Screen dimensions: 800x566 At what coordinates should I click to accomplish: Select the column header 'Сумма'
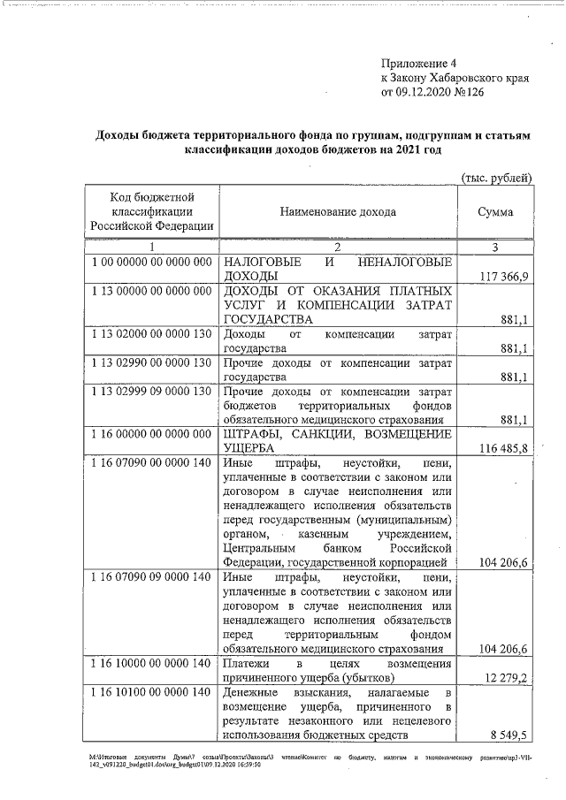495,212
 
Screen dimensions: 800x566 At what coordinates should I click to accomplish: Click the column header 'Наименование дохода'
338,212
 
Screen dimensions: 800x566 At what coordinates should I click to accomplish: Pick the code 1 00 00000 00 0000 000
151,263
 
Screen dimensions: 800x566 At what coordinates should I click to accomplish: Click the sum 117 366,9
504,278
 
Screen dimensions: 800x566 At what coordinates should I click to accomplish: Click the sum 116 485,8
504,449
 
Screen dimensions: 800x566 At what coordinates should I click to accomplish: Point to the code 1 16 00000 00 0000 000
151,435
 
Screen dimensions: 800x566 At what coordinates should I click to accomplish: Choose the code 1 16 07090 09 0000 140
151,577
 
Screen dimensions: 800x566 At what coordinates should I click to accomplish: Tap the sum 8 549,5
511,735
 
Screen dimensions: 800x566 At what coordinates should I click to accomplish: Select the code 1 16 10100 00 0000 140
151,691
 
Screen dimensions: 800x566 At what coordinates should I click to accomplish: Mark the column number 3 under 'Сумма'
495,247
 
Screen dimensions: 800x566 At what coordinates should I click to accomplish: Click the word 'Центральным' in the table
258,549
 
